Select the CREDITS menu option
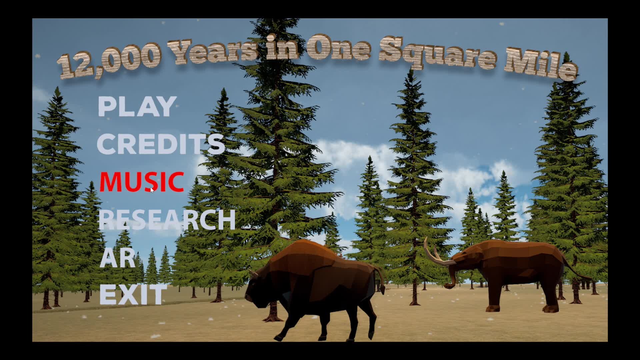pyautogui.click(x=161, y=144)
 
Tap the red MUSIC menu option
pyautogui.click(x=142, y=182)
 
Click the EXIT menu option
pyautogui.click(x=133, y=295)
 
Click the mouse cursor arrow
pyautogui.click(x=152, y=190)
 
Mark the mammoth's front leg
pyautogui.click(x=497, y=293)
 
